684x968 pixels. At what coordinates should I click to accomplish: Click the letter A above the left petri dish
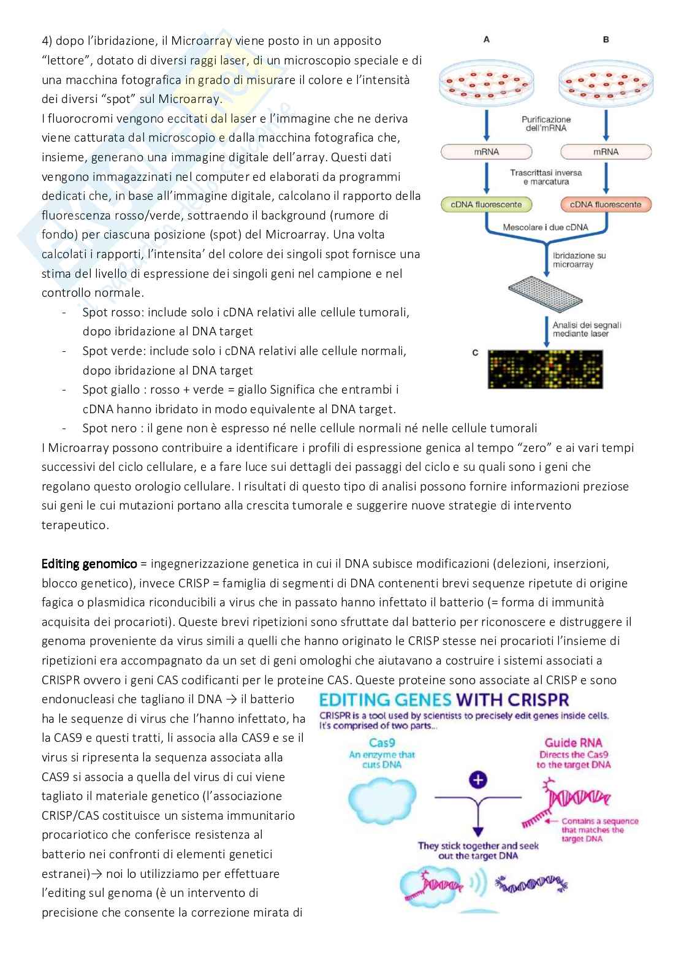click(x=486, y=39)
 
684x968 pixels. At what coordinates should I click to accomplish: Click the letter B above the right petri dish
click(x=606, y=39)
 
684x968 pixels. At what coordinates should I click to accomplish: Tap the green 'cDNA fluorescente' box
click(x=487, y=205)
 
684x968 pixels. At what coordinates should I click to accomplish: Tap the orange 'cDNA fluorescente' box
click(x=606, y=205)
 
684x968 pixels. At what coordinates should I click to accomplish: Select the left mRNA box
click(x=487, y=151)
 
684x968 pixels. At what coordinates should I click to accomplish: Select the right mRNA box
click(x=606, y=151)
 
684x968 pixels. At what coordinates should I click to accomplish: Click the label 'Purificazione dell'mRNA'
click(x=546, y=124)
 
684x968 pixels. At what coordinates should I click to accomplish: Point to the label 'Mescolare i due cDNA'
click(x=545, y=227)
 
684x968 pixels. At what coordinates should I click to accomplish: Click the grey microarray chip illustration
click(x=545, y=291)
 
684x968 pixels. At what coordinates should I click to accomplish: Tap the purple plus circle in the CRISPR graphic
click(x=477, y=780)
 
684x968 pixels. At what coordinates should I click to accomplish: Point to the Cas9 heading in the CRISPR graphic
click(x=381, y=742)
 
